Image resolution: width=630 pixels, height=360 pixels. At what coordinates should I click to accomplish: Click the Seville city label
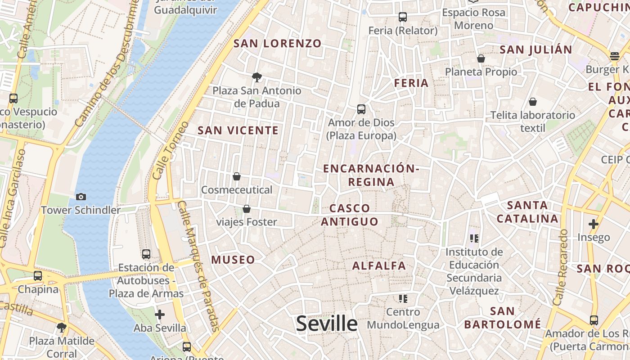tap(327, 323)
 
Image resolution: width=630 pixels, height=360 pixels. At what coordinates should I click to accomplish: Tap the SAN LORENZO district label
tap(278, 44)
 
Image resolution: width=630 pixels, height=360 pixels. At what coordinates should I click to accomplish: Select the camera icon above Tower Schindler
tap(81, 197)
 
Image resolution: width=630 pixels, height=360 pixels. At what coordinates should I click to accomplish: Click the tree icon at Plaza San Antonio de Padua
tap(257, 77)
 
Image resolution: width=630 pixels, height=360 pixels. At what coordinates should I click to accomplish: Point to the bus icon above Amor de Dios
tap(361, 109)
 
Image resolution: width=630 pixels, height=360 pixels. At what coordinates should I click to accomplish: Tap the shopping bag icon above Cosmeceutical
tap(237, 176)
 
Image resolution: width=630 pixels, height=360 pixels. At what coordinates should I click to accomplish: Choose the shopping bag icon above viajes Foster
tap(247, 209)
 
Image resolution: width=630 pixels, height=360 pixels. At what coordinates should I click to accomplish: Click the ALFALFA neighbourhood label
tap(379, 265)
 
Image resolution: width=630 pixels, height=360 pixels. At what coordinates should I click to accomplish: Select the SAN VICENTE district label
tap(238, 130)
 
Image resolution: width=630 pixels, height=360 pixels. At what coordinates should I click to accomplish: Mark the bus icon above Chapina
tap(38, 275)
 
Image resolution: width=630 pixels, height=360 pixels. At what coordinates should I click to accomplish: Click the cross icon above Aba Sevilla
tap(160, 315)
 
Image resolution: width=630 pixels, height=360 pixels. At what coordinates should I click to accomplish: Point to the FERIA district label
tap(411, 83)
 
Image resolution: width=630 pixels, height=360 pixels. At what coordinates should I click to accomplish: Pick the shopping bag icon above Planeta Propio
tap(481, 58)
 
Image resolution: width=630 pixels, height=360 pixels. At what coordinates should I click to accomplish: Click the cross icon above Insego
tap(594, 224)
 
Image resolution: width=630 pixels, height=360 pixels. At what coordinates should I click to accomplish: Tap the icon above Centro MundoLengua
tap(403, 298)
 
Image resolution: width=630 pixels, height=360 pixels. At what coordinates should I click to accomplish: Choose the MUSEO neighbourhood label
tap(233, 260)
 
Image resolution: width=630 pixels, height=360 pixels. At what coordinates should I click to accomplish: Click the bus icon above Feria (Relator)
tap(403, 17)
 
